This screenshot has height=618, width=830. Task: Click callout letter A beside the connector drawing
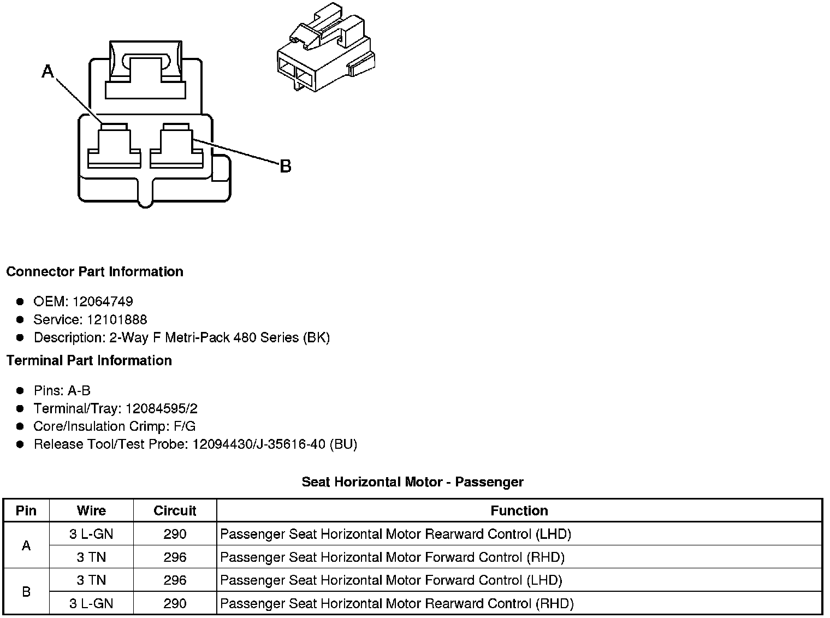(48, 71)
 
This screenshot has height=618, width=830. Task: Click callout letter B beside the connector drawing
(285, 166)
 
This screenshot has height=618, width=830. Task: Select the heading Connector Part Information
(95, 272)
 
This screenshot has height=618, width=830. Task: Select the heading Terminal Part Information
(89, 361)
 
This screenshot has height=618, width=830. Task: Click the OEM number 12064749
(103, 302)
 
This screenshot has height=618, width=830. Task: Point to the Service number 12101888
(117, 320)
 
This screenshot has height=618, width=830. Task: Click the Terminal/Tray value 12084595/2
(162, 409)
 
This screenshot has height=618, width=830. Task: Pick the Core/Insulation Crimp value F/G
(183, 426)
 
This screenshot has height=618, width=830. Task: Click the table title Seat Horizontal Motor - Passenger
(412, 482)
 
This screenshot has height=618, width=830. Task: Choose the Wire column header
(91, 511)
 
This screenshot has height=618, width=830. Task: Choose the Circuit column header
(175, 511)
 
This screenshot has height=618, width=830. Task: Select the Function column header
(519, 511)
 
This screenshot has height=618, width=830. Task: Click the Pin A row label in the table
(26, 545)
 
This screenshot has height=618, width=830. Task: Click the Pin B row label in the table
(26, 592)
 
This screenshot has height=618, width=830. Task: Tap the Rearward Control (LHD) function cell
(395, 534)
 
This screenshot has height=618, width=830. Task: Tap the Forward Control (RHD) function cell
(392, 557)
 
